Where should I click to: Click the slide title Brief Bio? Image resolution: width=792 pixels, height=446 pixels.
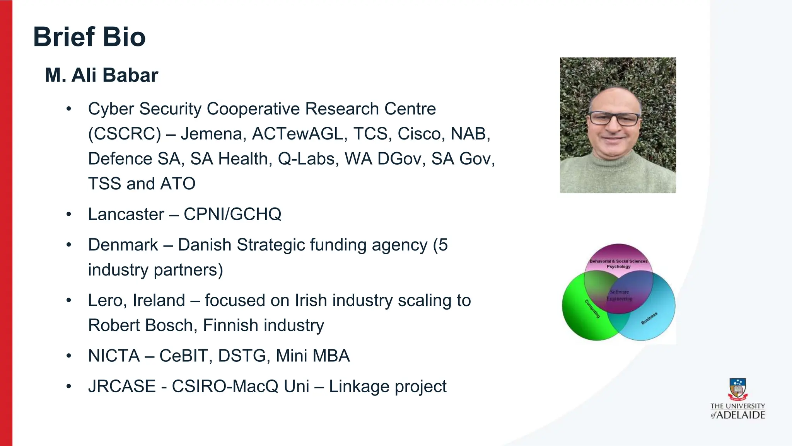(89, 37)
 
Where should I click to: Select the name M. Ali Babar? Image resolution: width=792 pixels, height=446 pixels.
(101, 75)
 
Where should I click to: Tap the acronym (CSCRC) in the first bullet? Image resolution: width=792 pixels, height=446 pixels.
(125, 134)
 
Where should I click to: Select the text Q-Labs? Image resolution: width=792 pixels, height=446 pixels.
(306, 159)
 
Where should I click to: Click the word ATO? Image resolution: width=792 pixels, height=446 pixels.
(178, 184)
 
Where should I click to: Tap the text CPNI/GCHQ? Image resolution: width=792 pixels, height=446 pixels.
(232, 214)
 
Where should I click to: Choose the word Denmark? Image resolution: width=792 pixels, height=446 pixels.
(123, 245)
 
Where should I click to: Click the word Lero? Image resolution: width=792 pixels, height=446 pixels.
(104, 301)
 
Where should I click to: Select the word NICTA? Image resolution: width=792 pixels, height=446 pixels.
(114, 356)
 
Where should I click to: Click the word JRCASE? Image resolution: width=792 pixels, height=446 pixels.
(122, 386)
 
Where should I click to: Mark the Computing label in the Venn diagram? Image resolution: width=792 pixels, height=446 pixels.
(592, 309)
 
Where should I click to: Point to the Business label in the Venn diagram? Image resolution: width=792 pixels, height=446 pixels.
(649, 318)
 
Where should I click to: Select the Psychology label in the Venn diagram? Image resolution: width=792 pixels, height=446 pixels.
(618, 267)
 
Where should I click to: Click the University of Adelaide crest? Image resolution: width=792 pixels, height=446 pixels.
(737, 389)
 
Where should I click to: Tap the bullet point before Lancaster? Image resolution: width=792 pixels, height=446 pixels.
(69, 214)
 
